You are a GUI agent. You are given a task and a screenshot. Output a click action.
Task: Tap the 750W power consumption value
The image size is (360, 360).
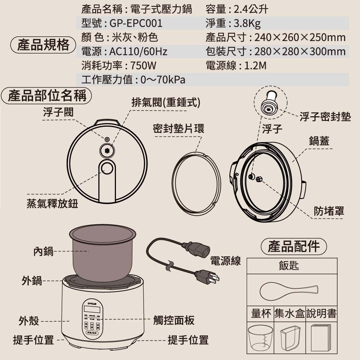[x=144, y=66]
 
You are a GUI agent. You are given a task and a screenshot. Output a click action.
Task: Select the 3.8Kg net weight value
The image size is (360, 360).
[x=247, y=23]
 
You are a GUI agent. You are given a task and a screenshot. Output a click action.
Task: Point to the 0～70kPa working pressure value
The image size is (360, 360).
[x=163, y=80]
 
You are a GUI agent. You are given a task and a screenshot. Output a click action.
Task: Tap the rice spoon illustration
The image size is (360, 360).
[x=288, y=290]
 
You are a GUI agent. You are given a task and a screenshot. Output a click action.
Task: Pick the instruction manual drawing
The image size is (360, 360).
[x=321, y=338]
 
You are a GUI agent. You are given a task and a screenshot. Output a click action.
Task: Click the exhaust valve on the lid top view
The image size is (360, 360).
[x=107, y=150]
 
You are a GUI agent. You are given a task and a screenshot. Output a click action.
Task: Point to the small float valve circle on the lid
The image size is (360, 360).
[x=107, y=139]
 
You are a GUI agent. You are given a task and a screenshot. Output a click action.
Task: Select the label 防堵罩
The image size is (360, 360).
[x=328, y=211]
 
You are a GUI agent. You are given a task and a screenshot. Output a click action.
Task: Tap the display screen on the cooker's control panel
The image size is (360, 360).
[x=93, y=309]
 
